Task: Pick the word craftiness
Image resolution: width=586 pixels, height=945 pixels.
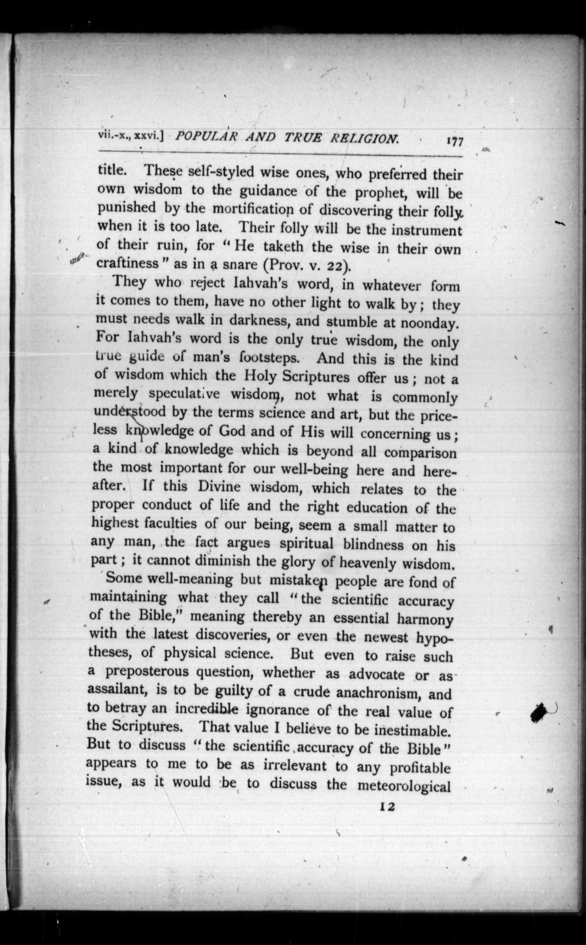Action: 128,263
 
